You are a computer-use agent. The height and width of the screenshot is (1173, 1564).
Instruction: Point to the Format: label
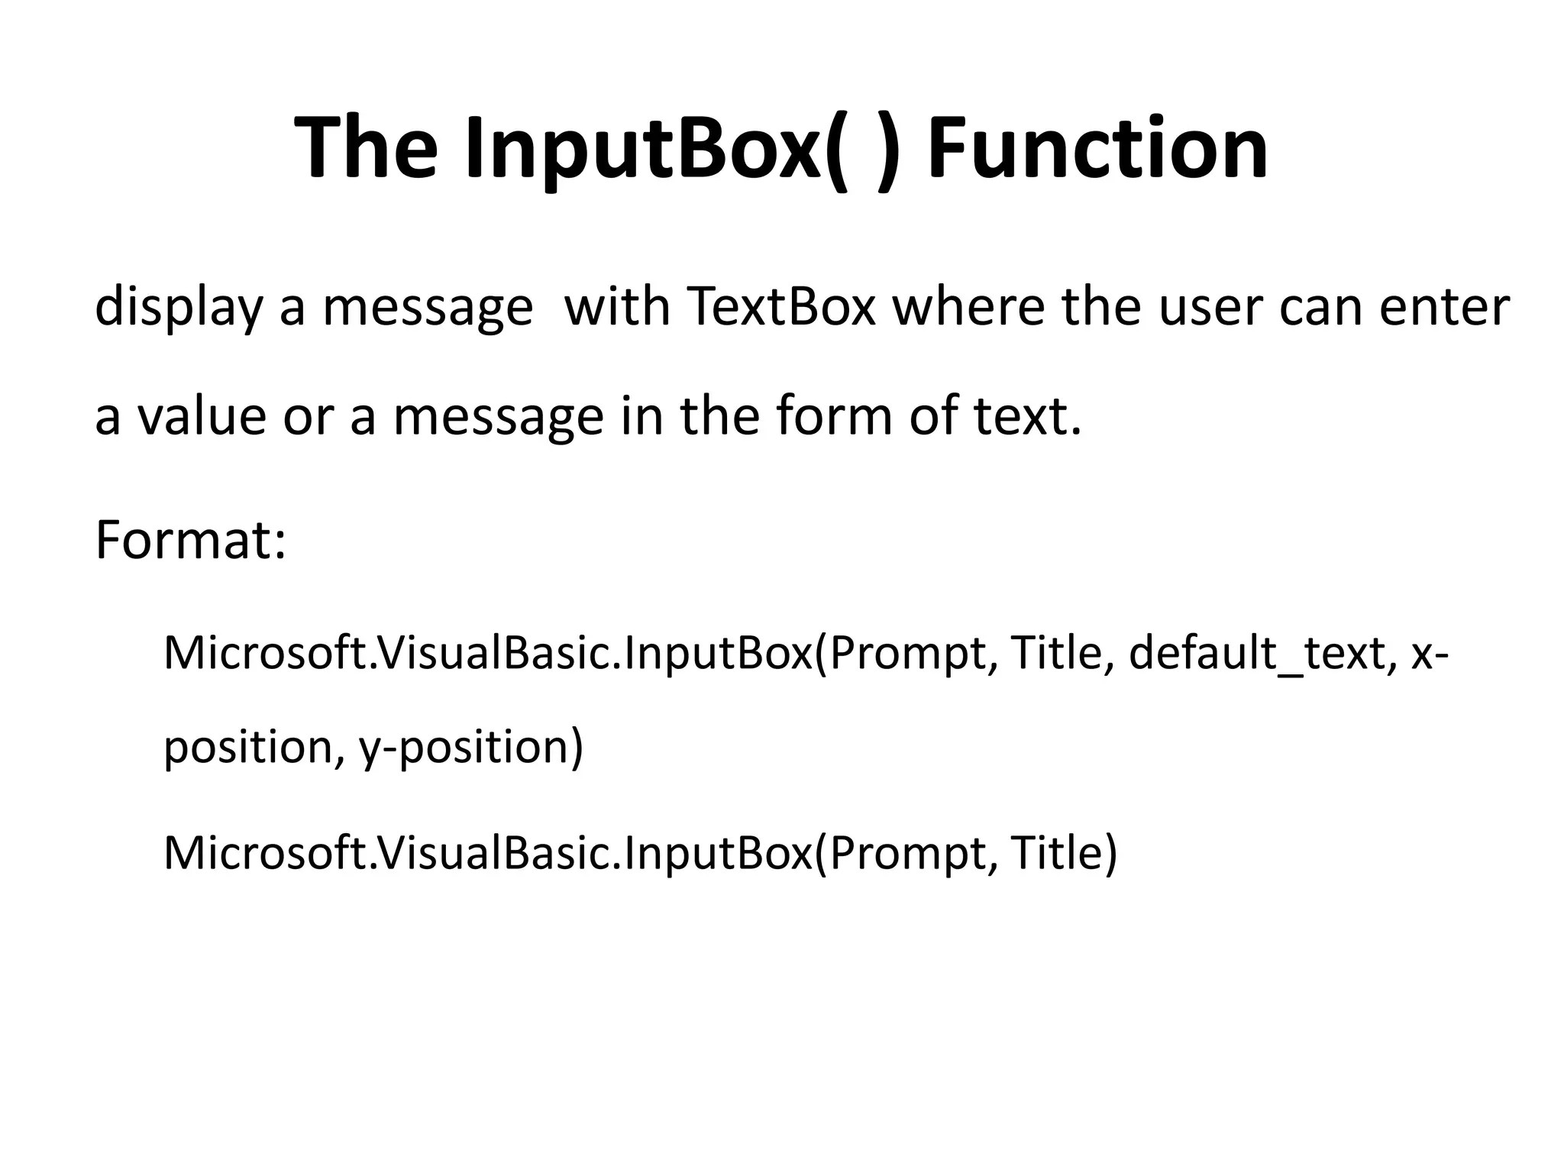(x=190, y=541)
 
